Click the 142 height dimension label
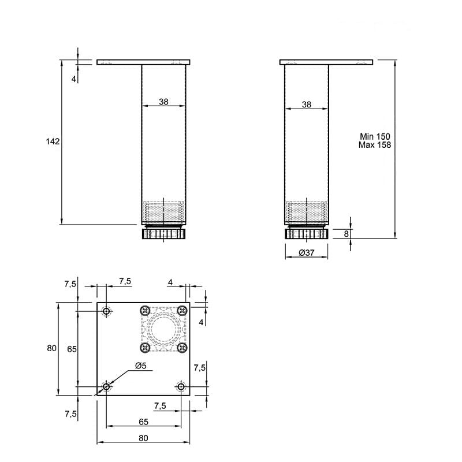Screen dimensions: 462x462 tap(53, 141)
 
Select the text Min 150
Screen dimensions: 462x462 tap(375, 136)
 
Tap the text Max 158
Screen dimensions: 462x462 tap(375, 145)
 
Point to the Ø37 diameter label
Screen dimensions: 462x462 tap(307, 252)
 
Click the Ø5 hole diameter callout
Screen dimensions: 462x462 tap(141, 366)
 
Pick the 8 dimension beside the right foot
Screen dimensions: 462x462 tap(346, 234)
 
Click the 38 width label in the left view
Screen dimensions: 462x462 tap(163, 102)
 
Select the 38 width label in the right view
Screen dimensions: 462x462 tap(307, 105)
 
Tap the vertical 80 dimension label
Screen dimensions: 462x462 tap(51, 348)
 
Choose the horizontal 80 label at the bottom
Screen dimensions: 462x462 tap(143, 438)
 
